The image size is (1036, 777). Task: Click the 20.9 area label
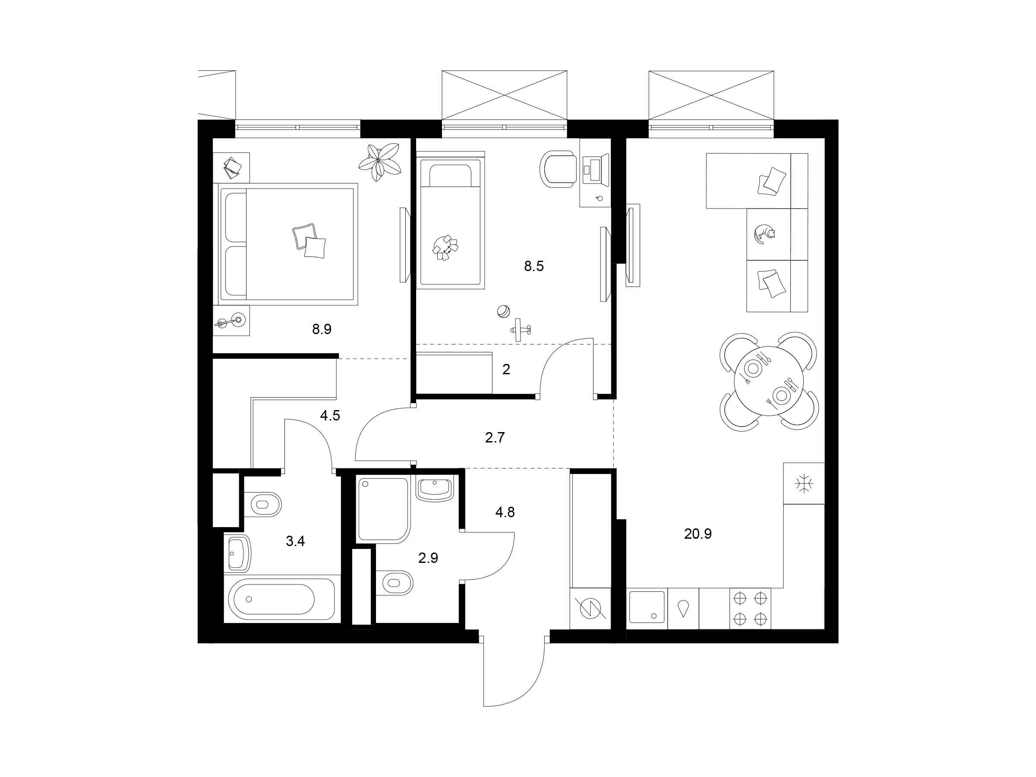point(698,534)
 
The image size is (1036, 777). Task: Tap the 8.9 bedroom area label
point(322,329)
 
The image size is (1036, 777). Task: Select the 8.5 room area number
point(534,266)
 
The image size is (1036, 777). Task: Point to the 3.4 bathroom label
point(295,541)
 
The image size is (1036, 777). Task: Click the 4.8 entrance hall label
point(505,512)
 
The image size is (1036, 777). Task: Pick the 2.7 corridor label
point(495,438)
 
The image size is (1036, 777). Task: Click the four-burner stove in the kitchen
point(750,608)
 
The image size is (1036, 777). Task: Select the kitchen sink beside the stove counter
point(647,607)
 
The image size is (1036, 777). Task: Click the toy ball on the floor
point(503,312)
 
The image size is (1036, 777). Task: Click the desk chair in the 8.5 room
point(558,169)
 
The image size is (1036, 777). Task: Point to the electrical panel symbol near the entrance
point(590,609)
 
